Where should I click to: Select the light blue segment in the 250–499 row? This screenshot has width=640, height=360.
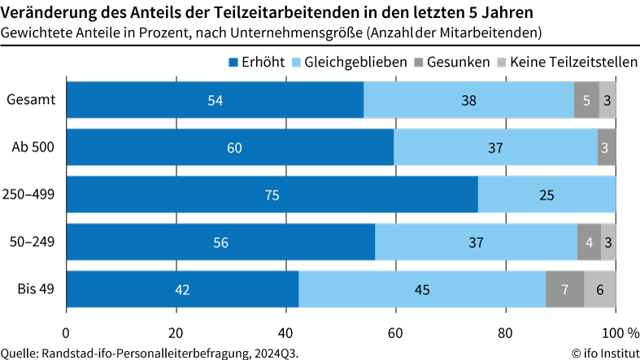[x=546, y=195]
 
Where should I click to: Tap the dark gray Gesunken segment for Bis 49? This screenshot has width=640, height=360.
[x=564, y=289]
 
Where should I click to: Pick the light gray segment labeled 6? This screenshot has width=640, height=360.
[x=599, y=289]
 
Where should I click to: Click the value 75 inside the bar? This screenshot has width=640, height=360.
[x=272, y=195]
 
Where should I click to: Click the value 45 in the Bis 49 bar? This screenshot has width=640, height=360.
[x=422, y=289]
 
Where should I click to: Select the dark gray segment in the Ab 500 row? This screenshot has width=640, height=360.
[x=606, y=148]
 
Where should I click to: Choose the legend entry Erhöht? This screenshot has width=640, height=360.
[x=254, y=62]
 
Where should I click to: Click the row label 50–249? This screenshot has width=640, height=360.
[x=33, y=242]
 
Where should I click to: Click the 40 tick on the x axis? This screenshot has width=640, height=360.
[x=285, y=334]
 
